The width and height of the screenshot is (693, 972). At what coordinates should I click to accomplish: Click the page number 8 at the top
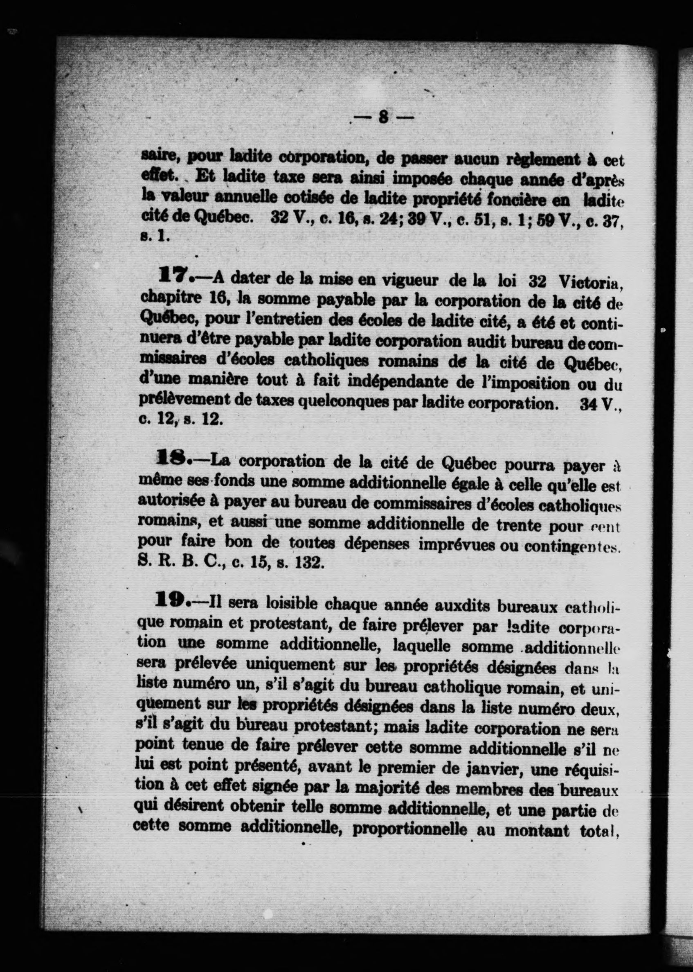pos(383,117)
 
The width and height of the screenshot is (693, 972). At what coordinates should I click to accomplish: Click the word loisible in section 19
pos(291,604)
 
